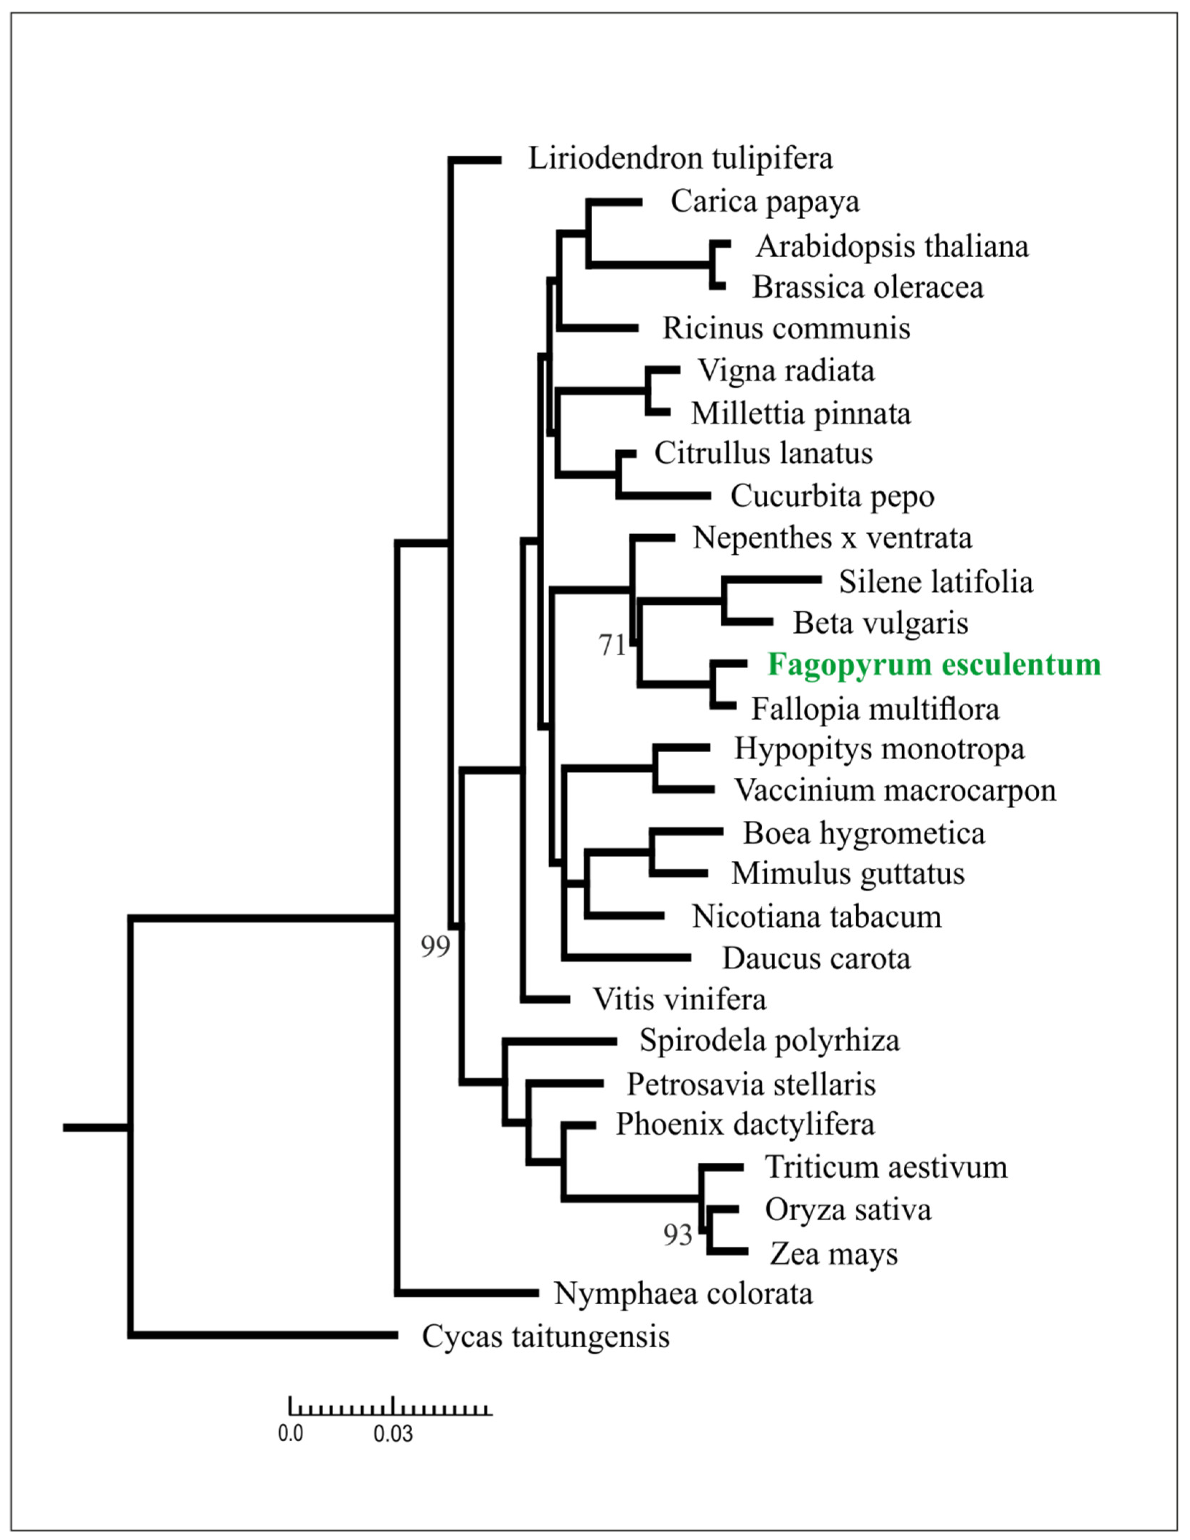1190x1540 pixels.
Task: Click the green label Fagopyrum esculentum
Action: tap(934, 665)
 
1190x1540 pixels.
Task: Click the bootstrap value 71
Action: tap(612, 645)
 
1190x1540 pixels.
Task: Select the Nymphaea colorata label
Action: tap(683, 1293)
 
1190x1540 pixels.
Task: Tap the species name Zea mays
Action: tap(834, 1254)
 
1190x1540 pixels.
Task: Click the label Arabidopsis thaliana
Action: tap(892, 247)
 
